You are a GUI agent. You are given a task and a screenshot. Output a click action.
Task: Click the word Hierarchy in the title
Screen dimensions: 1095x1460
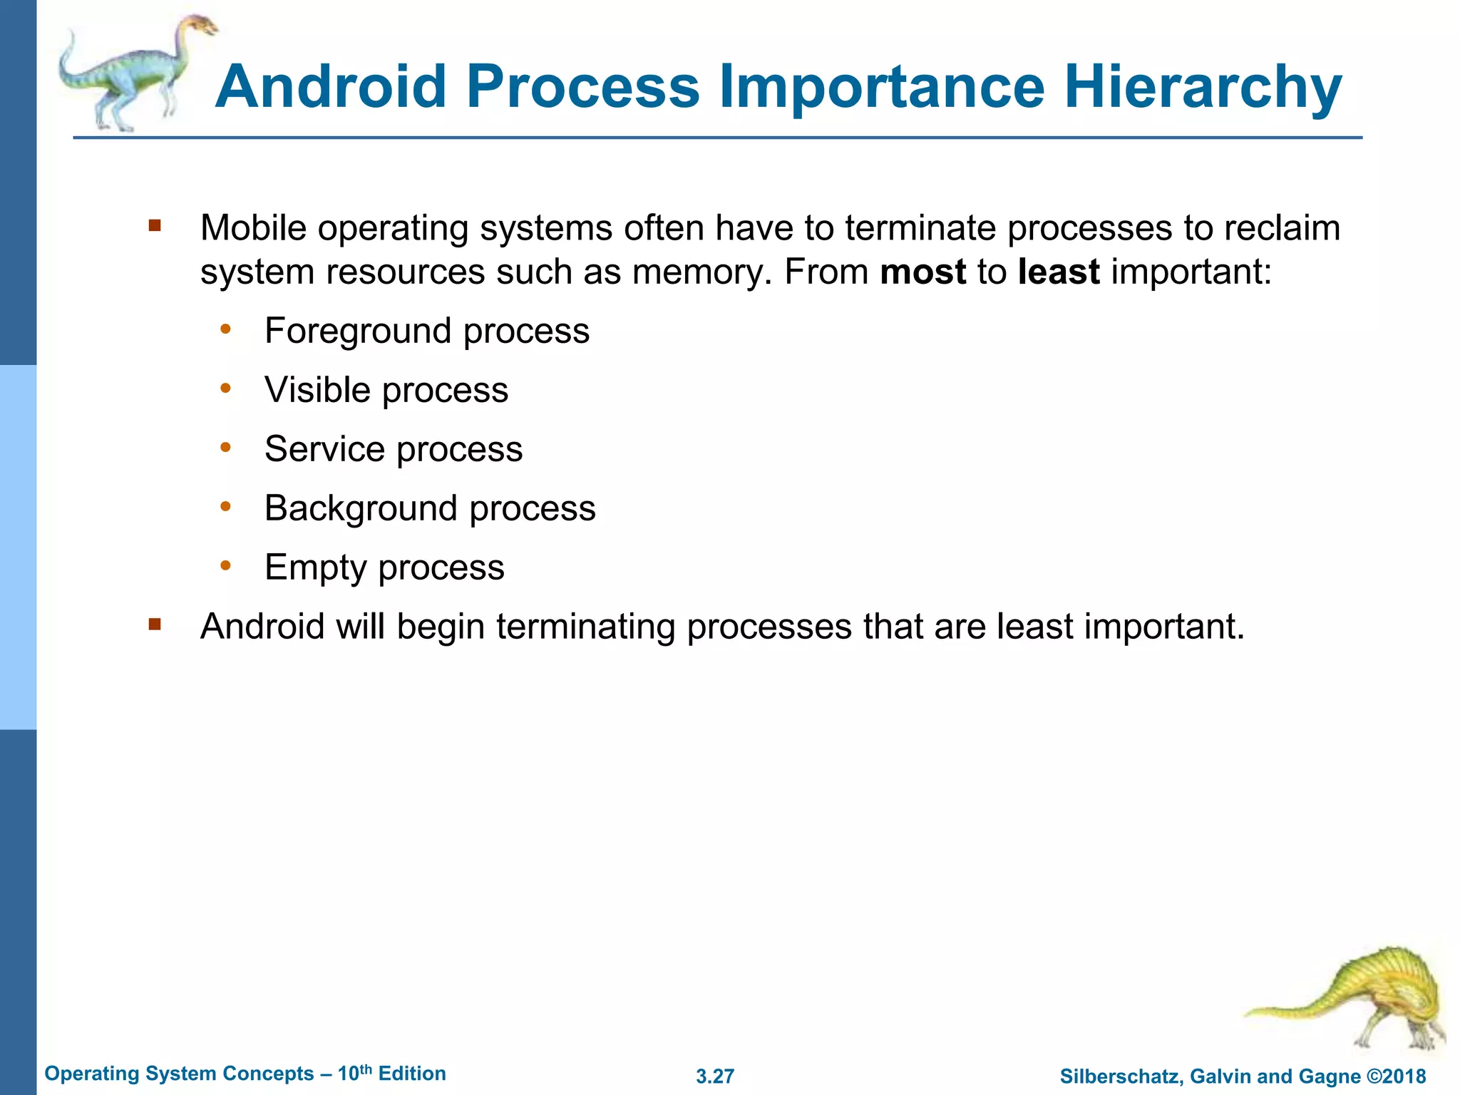tap(1203, 87)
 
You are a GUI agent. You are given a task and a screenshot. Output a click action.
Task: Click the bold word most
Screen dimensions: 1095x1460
tap(922, 272)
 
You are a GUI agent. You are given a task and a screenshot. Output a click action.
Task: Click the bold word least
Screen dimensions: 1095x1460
tap(1058, 272)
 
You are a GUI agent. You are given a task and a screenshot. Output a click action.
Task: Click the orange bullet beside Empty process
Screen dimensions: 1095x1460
tap(226, 566)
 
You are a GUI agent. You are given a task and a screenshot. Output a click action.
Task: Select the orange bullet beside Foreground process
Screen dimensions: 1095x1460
tap(226, 329)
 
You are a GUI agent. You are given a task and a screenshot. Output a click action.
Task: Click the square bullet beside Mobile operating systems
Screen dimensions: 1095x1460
tap(155, 227)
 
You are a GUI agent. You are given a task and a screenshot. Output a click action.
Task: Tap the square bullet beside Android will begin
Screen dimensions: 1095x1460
tap(155, 625)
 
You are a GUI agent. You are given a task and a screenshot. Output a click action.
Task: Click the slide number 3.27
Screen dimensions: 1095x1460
tap(715, 1076)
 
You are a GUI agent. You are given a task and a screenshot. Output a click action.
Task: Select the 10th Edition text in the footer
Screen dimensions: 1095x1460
tap(391, 1074)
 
